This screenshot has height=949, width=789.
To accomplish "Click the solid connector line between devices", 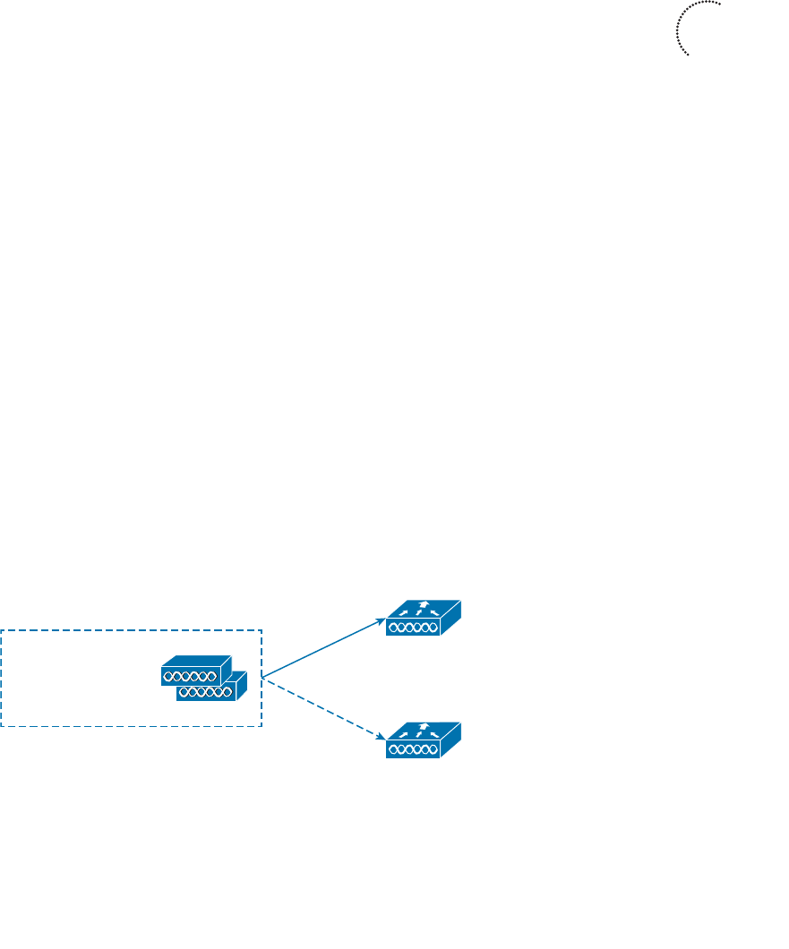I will tap(322, 647).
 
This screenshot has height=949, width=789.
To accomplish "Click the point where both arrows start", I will tap(262, 677).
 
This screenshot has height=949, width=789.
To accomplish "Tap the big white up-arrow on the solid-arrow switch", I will tap(423, 605).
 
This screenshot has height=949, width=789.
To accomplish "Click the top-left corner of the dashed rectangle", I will tap(2, 630).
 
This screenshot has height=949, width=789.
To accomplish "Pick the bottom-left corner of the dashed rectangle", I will tap(2, 725).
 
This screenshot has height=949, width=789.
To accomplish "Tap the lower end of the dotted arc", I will tap(688, 56).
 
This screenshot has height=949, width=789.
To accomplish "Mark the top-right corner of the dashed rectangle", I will tap(261, 630).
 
